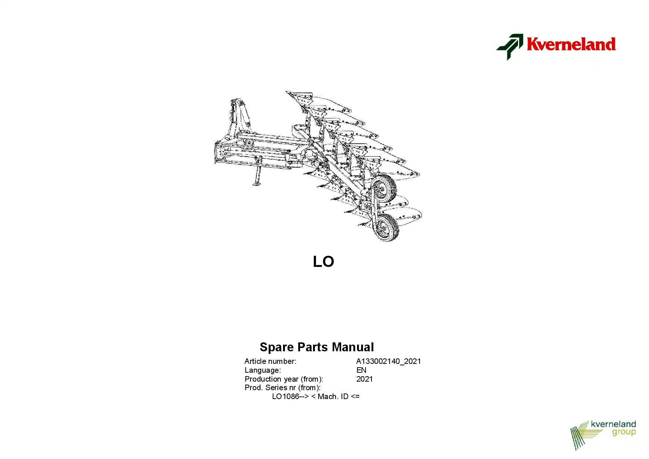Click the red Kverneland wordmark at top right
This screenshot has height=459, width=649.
pyautogui.click(x=571, y=44)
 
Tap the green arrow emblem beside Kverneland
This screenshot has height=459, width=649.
pyautogui.click(x=510, y=47)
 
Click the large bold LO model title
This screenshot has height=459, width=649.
pyautogui.click(x=323, y=262)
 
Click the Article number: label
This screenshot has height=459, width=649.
pyautogui.click(x=270, y=361)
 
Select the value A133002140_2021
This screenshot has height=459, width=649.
pyautogui.click(x=389, y=361)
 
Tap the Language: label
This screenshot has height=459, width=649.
pyautogui.click(x=263, y=370)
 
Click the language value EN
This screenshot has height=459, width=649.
pyautogui.click(x=361, y=370)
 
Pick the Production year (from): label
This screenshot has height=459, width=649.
pyautogui.click(x=284, y=379)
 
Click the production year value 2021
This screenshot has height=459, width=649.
pyautogui.click(x=364, y=379)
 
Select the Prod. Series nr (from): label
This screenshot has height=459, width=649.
pyautogui.click(x=283, y=388)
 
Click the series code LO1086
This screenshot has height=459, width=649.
pyautogui.click(x=286, y=396)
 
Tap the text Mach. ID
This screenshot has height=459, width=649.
pyautogui.click(x=333, y=396)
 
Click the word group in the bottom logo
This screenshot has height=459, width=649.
pyautogui.click(x=624, y=433)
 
